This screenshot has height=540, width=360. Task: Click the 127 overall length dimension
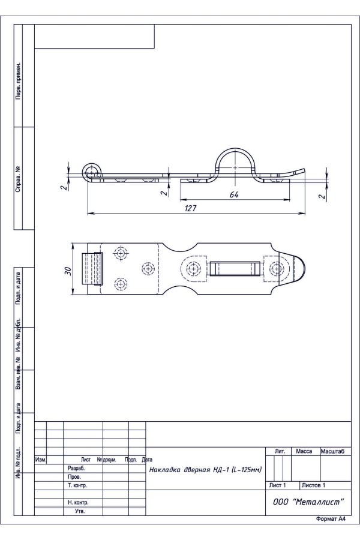pos(191,208)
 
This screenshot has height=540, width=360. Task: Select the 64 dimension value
pos(234,194)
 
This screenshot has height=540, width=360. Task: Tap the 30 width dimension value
pos(68,271)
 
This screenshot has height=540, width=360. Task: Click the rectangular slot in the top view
pos(235,269)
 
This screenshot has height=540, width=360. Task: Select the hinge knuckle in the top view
pos(92,269)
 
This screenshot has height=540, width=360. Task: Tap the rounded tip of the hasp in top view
pos(299,269)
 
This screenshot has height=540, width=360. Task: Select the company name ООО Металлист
pos(308,502)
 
